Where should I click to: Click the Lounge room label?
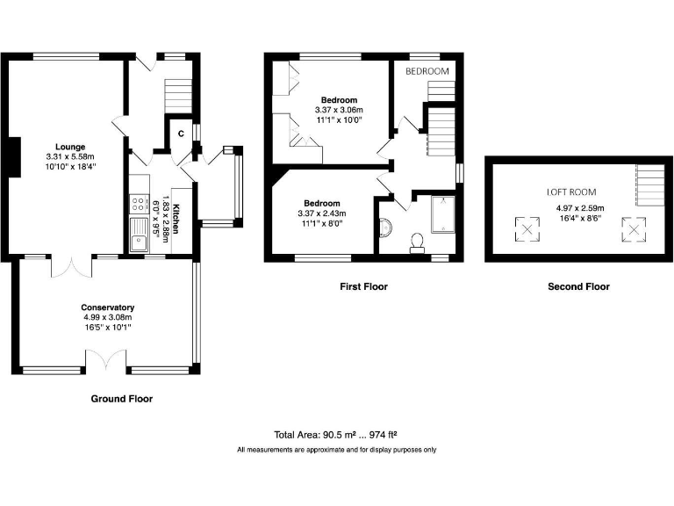click(70, 147)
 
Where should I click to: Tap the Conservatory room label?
click(107, 307)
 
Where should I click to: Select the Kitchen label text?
click(176, 219)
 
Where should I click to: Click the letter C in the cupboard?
click(181, 134)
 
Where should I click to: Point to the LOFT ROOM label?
click(571, 192)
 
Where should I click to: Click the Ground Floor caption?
click(122, 399)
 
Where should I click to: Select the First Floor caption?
click(363, 286)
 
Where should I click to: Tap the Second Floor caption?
click(578, 286)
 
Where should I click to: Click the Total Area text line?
click(336, 435)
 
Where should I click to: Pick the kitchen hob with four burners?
click(139, 204)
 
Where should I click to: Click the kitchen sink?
click(139, 235)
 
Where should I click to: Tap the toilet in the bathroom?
click(417, 242)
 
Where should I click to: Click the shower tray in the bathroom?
click(442, 214)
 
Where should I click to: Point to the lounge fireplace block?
click(15, 157)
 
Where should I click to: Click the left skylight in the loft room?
click(527, 229)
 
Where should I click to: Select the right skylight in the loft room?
click(633, 229)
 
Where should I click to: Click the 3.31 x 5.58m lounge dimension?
click(70, 156)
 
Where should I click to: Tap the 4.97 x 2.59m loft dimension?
click(580, 208)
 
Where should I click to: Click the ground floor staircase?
click(178, 96)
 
